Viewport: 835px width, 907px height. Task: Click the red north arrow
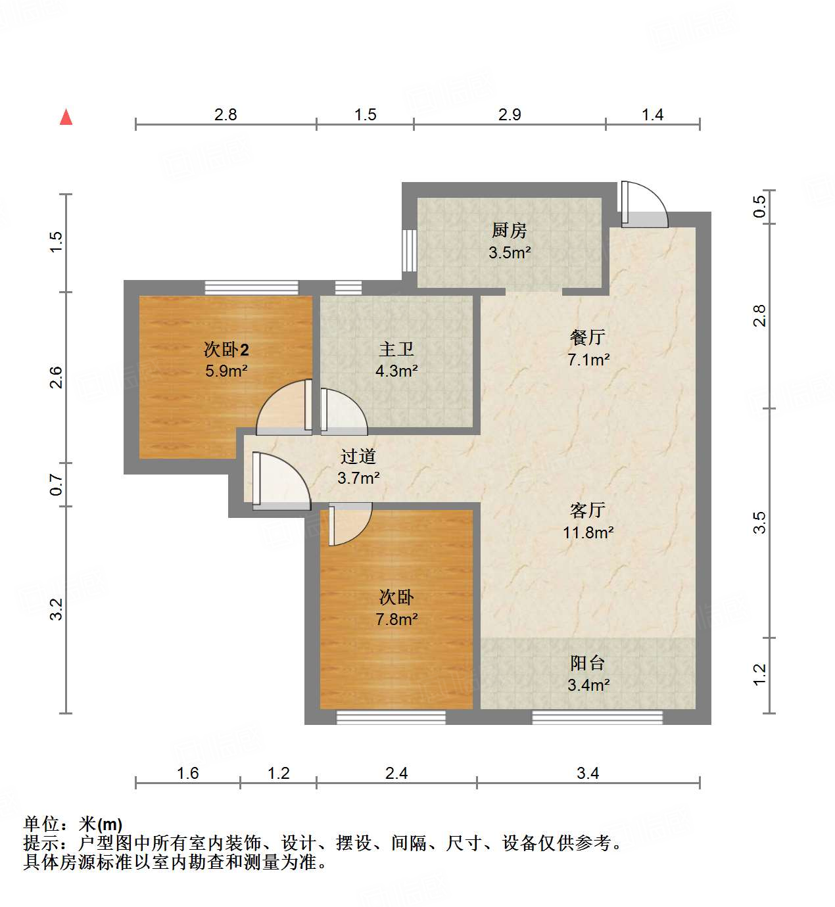point(66,117)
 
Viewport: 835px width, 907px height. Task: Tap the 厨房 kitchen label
point(509,231)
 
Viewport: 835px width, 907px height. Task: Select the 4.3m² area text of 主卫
point(396,371)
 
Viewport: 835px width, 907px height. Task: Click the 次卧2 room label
point(226,349)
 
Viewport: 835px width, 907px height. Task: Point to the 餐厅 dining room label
point(587,337)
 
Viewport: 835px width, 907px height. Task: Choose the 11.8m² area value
point(588,532)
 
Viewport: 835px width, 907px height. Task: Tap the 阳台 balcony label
point(587,663)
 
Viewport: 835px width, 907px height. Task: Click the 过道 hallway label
point(358,456)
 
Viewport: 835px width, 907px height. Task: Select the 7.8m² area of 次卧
point(396,619)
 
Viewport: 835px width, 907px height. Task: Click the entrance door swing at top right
point(644,205)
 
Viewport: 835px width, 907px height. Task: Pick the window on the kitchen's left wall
point(409,250)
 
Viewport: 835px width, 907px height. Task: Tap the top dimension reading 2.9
point(510,115)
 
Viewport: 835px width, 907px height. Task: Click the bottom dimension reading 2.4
point(396,774)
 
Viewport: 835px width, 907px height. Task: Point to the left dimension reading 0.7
point(57,485)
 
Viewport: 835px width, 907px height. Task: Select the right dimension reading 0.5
point(760,207)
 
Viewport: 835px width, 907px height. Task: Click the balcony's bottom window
point(597,718)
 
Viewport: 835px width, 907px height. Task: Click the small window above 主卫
point(348,287)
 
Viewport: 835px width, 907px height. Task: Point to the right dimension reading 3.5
point(760,523)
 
